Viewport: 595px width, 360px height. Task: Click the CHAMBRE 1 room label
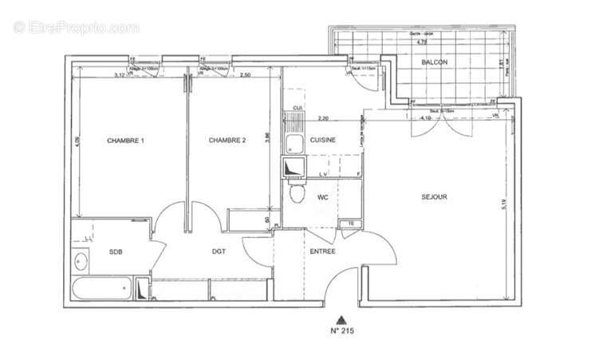(x=126, y=140)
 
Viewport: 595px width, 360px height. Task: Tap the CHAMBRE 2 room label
(x=227, y=140)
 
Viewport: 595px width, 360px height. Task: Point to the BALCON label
(x=435, y=62)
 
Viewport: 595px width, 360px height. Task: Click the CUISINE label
(x=323, y=140)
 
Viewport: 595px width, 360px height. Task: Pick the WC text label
(x=323, y=196)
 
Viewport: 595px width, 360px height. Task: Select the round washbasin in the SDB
(x=80, y=261)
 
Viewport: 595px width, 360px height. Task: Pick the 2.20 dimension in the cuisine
(x=322, y=118)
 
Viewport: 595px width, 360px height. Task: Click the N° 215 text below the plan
(x=342, y=330)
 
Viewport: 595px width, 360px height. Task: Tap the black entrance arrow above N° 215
(x=341, y=317)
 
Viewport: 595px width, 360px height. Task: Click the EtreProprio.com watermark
(x=76, y=27)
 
